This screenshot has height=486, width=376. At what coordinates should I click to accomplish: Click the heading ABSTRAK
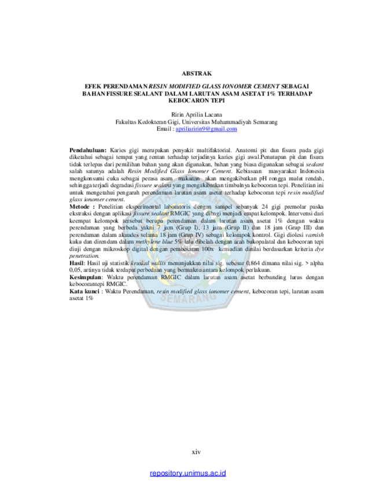(x=197, y=73)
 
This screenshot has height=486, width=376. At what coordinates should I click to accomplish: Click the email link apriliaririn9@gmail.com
(x=207, y=129)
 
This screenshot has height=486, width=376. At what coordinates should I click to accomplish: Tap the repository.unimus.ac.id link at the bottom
(x=187, y=473)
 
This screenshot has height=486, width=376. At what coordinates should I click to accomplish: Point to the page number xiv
(x=196, y=452)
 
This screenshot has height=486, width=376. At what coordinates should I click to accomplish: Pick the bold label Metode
(x=80, y=207)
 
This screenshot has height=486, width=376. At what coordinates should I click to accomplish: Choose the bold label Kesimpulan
(x=86, y=277)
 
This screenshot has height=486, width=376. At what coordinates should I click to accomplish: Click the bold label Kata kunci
(x=84, y=291)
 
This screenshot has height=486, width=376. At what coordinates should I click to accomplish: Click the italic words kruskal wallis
(x=148, y=263)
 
